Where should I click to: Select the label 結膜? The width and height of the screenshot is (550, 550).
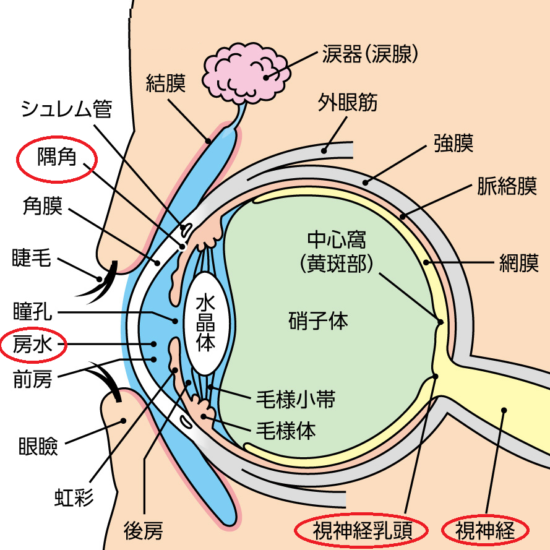click(166, 81)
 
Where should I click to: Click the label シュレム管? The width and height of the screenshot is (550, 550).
click(66, 110)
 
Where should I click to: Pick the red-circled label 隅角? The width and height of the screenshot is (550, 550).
click(56, 158)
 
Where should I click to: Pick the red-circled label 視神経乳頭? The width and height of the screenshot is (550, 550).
click(361, 530)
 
